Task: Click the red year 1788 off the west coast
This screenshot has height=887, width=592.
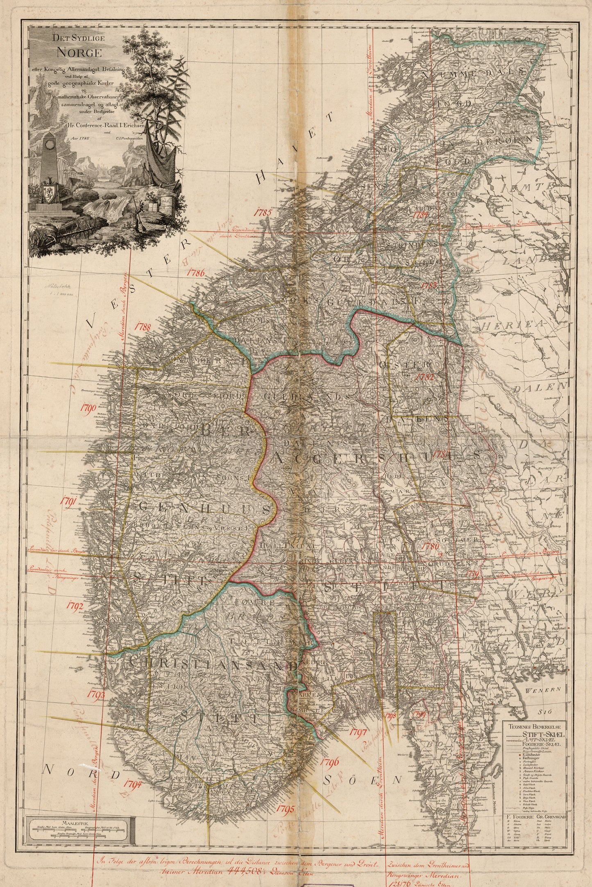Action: click(143, 327)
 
